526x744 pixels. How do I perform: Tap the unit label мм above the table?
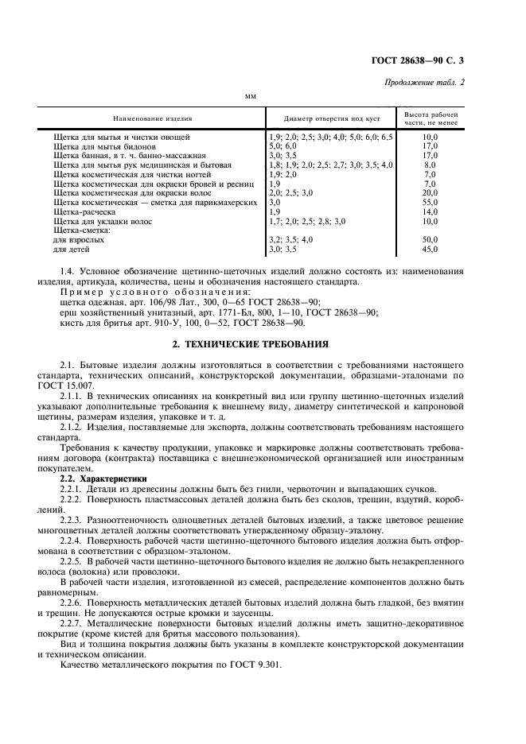pyautogui.click(x=251, y=97)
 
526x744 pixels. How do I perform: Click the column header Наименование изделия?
pyautogui.click(x=153, y=118)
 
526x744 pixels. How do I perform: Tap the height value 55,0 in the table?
pyautogui.click(x=431, y=203)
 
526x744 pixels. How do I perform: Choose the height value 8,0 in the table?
pyautogui.click(x=431, y=165)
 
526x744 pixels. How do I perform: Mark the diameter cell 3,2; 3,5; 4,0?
pyautogui.click(x=291, y=239)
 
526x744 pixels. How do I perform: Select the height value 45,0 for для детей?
pyautogui.click(x=431, y=250)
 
